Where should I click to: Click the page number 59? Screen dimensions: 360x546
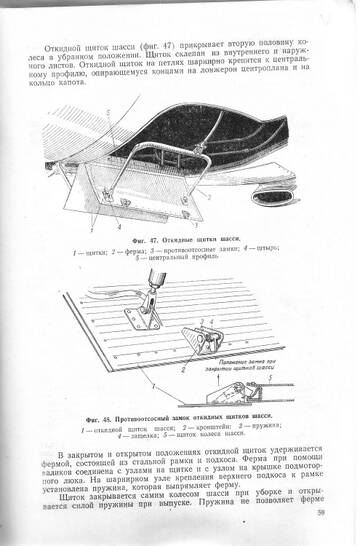pos(320,515)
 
